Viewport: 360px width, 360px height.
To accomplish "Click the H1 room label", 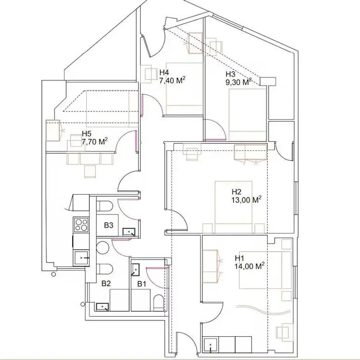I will point(240,258).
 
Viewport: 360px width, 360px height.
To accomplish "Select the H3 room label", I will point(230,74).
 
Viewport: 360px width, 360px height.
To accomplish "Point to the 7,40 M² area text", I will point(172,81).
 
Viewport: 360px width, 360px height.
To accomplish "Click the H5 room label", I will point(87,134).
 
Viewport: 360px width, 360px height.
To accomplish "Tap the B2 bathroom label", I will point(105,284).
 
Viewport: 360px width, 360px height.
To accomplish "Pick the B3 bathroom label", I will point(109,225).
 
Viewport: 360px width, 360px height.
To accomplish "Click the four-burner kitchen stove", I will point(81,225).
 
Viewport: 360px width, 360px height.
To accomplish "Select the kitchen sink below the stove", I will point(81,258).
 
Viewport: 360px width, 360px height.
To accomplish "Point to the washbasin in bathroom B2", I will point(103,307).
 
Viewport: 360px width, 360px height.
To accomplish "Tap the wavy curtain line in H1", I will point(263,310).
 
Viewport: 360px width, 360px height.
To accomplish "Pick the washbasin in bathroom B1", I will point(136,269).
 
